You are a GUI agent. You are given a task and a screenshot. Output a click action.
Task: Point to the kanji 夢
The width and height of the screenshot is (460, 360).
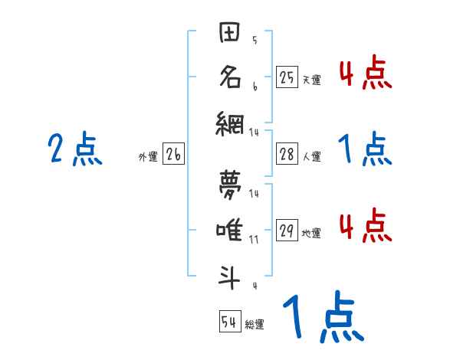(231, 184)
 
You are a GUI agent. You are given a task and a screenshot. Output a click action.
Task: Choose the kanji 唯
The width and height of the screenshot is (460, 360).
(231, 229)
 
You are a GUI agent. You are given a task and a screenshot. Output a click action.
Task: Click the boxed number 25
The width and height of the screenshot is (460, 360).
(287, 77)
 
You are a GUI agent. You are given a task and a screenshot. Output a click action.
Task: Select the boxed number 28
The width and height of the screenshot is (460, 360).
(287, 154)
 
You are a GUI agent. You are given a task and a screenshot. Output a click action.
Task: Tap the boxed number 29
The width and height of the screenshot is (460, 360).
(287, 231)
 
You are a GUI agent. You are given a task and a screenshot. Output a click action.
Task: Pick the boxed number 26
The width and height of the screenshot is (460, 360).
(173, 154)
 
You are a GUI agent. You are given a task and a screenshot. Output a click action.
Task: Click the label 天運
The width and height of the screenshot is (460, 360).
(311, 80)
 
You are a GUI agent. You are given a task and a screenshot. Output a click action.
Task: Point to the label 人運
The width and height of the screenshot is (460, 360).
(311, 156)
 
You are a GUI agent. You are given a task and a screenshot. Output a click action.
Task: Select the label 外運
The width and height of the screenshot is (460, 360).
(148, 156)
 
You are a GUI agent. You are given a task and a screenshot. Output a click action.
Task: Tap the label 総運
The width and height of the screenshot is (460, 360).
(255, 324)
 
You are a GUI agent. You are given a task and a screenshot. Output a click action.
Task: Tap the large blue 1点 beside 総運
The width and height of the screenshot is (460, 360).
(323, 317)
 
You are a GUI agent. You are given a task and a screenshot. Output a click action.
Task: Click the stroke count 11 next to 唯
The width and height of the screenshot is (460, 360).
(254, 239)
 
